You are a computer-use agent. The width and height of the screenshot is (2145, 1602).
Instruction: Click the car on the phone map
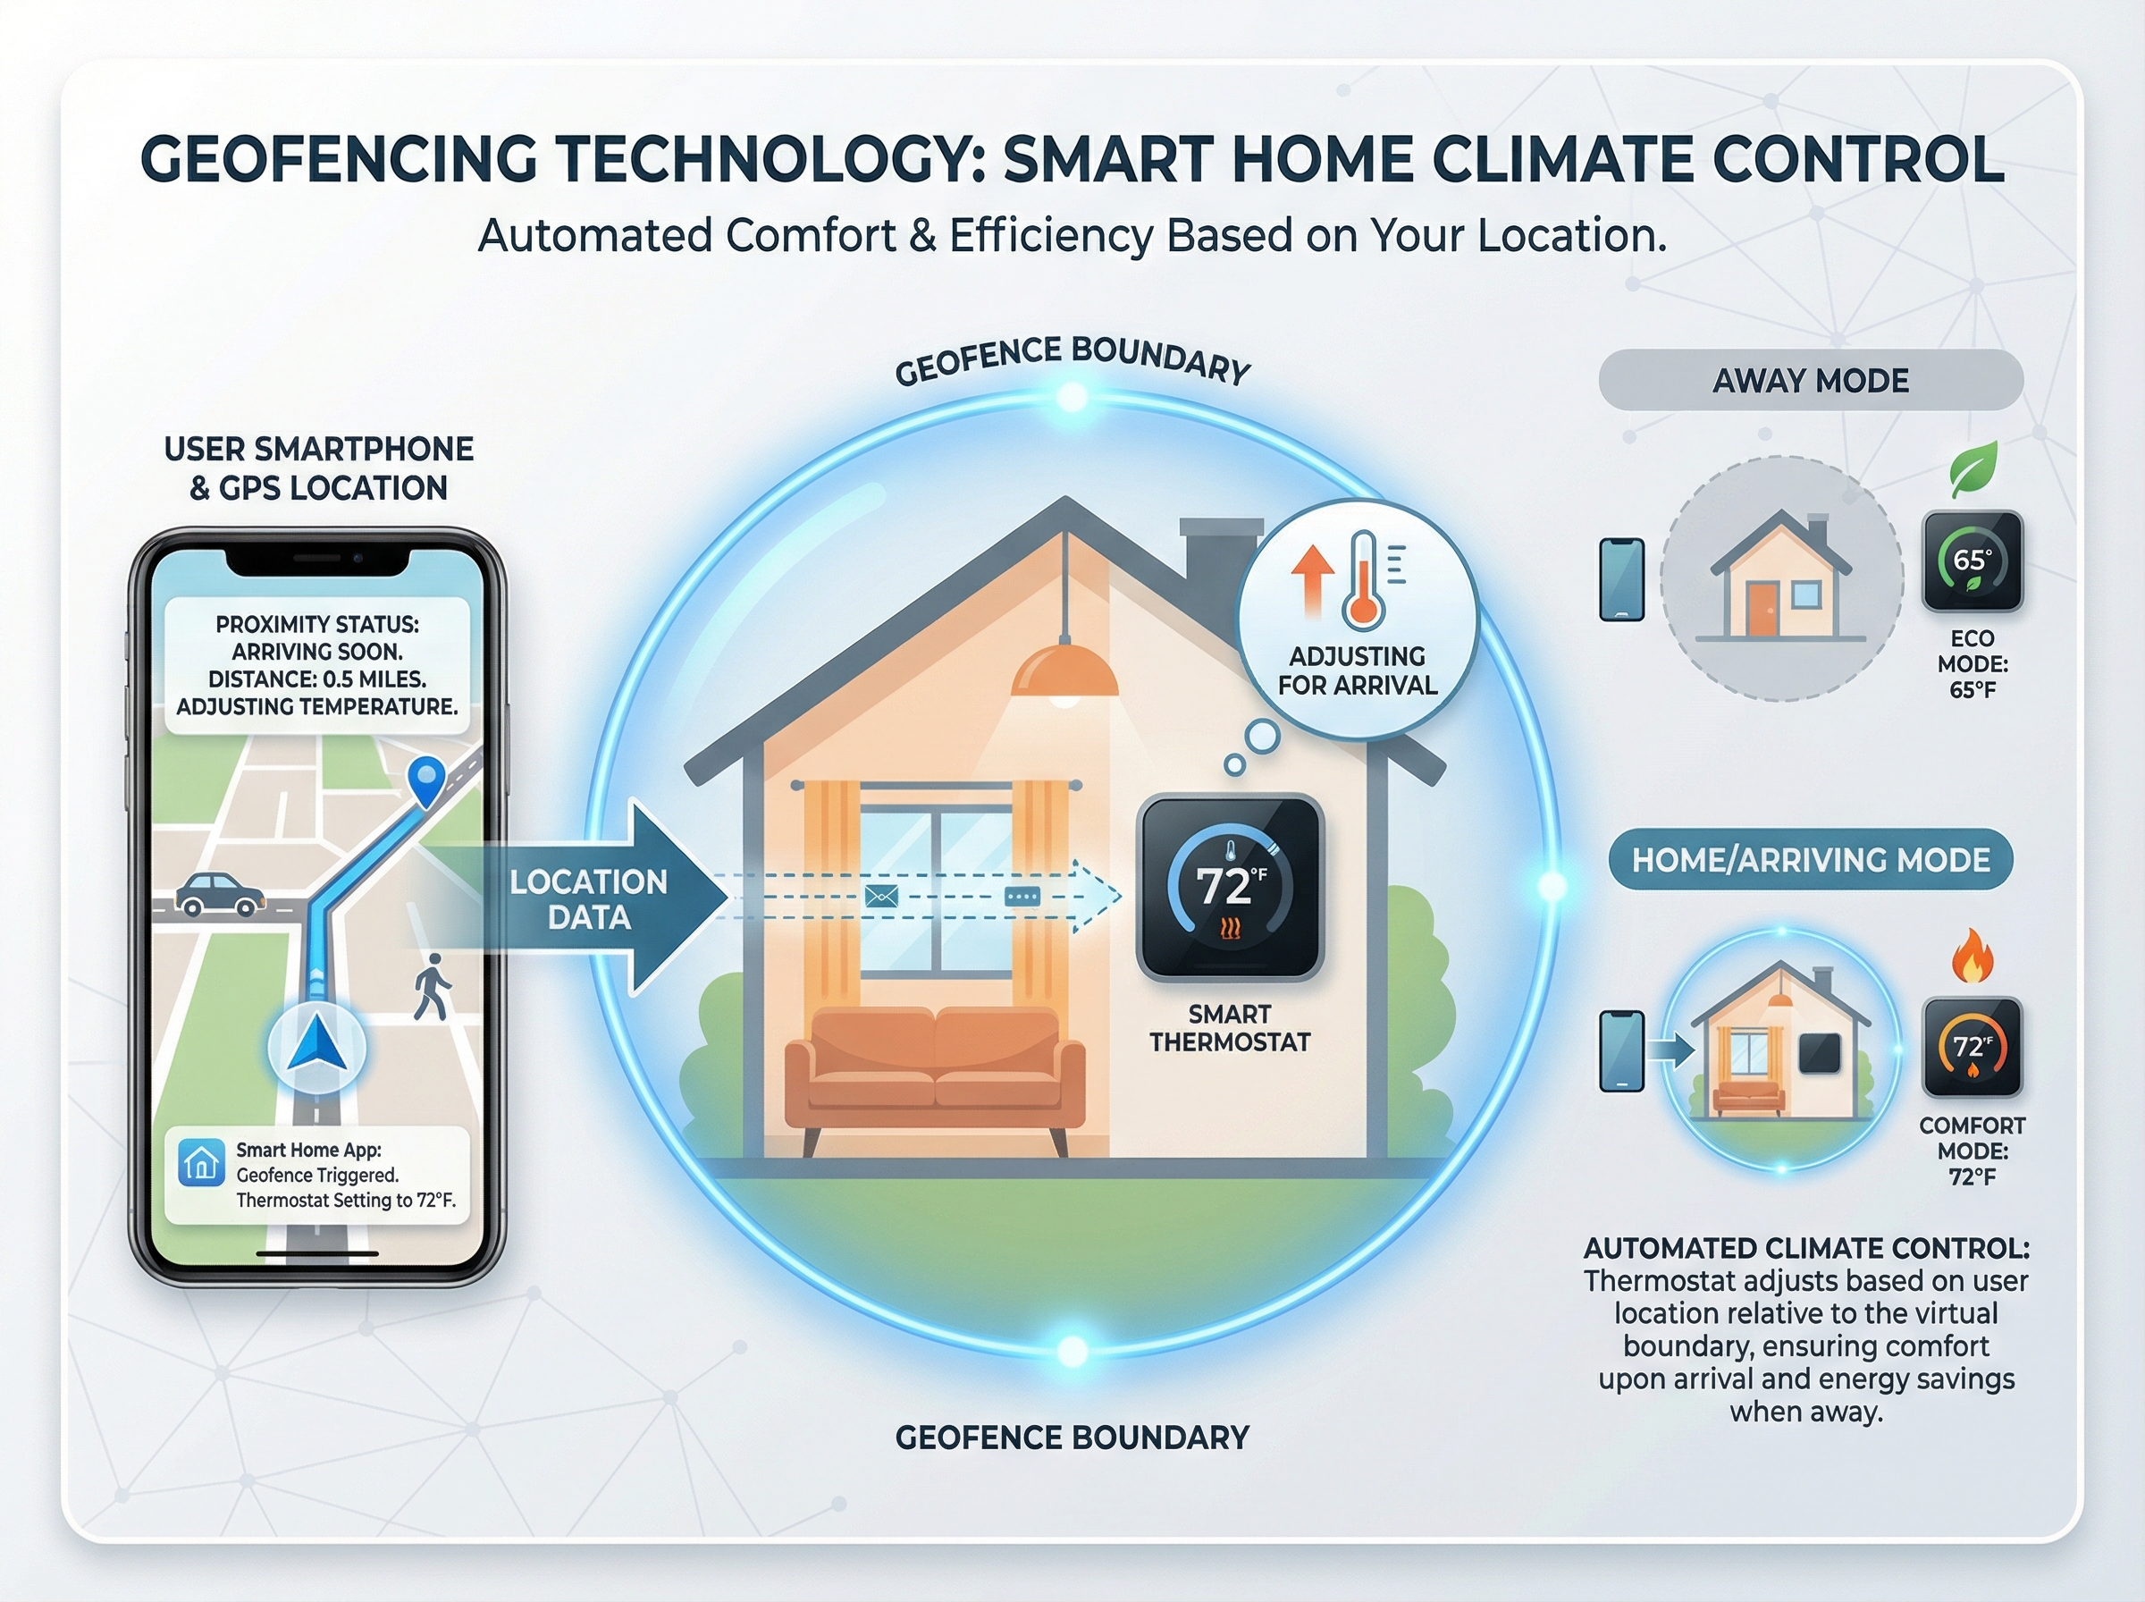[220, 894]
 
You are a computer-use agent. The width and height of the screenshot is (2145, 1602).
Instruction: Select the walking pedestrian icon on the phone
[432, 986]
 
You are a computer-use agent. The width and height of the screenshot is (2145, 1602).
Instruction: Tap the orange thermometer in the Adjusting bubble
[1362, 580]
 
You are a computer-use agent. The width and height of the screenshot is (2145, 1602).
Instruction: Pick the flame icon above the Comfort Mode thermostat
[1973, 957]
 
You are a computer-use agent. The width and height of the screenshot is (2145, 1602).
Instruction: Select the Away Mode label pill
[1811, 380]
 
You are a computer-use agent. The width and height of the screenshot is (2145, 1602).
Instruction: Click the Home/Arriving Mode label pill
[1811, 859]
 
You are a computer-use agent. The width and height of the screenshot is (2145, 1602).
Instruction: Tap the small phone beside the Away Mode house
[1621, 579]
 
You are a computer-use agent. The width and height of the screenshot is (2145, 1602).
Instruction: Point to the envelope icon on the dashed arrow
[881, 896]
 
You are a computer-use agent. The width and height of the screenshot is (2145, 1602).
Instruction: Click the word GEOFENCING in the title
[338, 159]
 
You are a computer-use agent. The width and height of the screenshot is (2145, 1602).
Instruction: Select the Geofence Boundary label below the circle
[1072, 1438]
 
